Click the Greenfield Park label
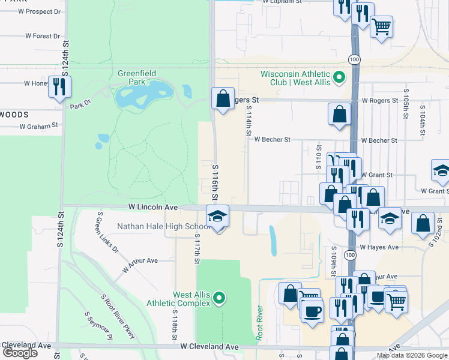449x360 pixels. coord(136,77)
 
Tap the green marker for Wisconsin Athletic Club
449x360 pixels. coord(339,77)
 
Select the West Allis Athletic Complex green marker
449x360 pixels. coord(220,298)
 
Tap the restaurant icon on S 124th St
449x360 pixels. coord(59,86)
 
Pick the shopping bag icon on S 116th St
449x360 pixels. coord(223,98)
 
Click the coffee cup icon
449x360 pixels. coord(312,311)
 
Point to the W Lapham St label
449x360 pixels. coord(282,2)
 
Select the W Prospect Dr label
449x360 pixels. coord(40,11)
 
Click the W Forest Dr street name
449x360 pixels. coord(43,36)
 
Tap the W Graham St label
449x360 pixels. coord(38,126)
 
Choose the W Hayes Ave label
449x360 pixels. coord(379,247)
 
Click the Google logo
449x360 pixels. coord(20,353)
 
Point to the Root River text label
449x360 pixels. coord(259,324)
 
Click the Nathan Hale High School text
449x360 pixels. coord(163,226)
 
